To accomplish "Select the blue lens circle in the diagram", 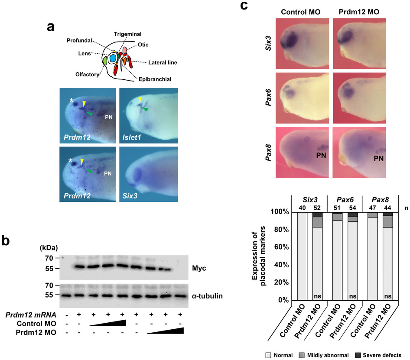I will click(x=113, y=58).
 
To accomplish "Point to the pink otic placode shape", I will click(x=125, y=51).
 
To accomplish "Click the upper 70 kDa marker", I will click(x=49, y=258).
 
